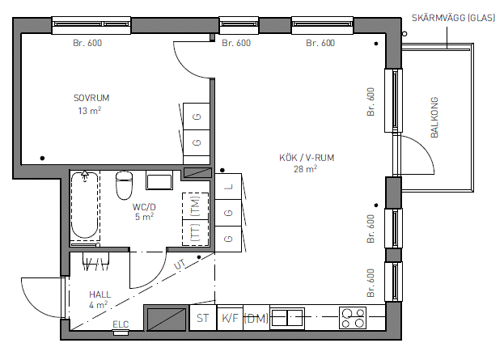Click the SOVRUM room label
91,98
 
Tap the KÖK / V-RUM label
307,158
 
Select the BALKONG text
434,117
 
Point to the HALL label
100,294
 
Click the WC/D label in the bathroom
144,207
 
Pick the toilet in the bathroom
124,185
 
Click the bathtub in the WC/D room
84,206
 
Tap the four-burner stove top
353,318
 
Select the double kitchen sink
287,318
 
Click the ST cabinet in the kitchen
203,318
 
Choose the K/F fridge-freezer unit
230,318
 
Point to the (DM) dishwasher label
256,318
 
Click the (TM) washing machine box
196,206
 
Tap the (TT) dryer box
196,233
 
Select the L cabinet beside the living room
228,186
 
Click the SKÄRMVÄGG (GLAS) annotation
454,18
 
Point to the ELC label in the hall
121,324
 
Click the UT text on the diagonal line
180,265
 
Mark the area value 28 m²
305,169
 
